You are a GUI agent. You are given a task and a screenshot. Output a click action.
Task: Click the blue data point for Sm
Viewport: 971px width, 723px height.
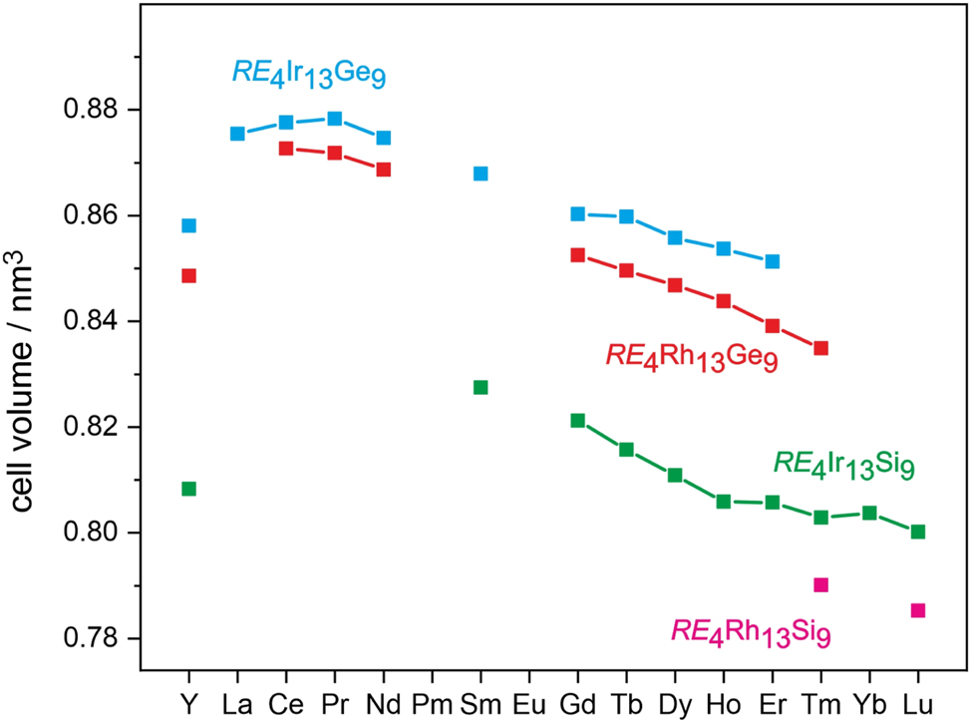click(481, 174)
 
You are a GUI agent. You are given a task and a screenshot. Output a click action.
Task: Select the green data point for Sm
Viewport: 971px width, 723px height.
click(481, 387)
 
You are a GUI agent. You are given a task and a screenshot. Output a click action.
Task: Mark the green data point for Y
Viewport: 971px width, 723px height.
click(188, 489)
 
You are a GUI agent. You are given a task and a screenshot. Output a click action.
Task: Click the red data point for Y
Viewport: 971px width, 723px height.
click(188, 275)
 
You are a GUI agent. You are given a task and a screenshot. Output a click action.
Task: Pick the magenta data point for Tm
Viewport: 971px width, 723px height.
click(820, 584)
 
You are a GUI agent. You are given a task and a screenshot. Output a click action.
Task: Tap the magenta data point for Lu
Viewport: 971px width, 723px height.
click(918, 610)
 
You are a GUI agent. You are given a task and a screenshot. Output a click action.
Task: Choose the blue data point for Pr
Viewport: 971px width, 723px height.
click(335, 119)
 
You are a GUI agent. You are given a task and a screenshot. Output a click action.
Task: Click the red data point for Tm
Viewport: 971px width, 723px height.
click(820, 348)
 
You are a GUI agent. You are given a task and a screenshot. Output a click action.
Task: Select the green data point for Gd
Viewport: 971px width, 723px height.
click(577, 421)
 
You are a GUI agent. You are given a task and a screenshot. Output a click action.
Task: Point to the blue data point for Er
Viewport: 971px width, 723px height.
click(772, 261)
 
